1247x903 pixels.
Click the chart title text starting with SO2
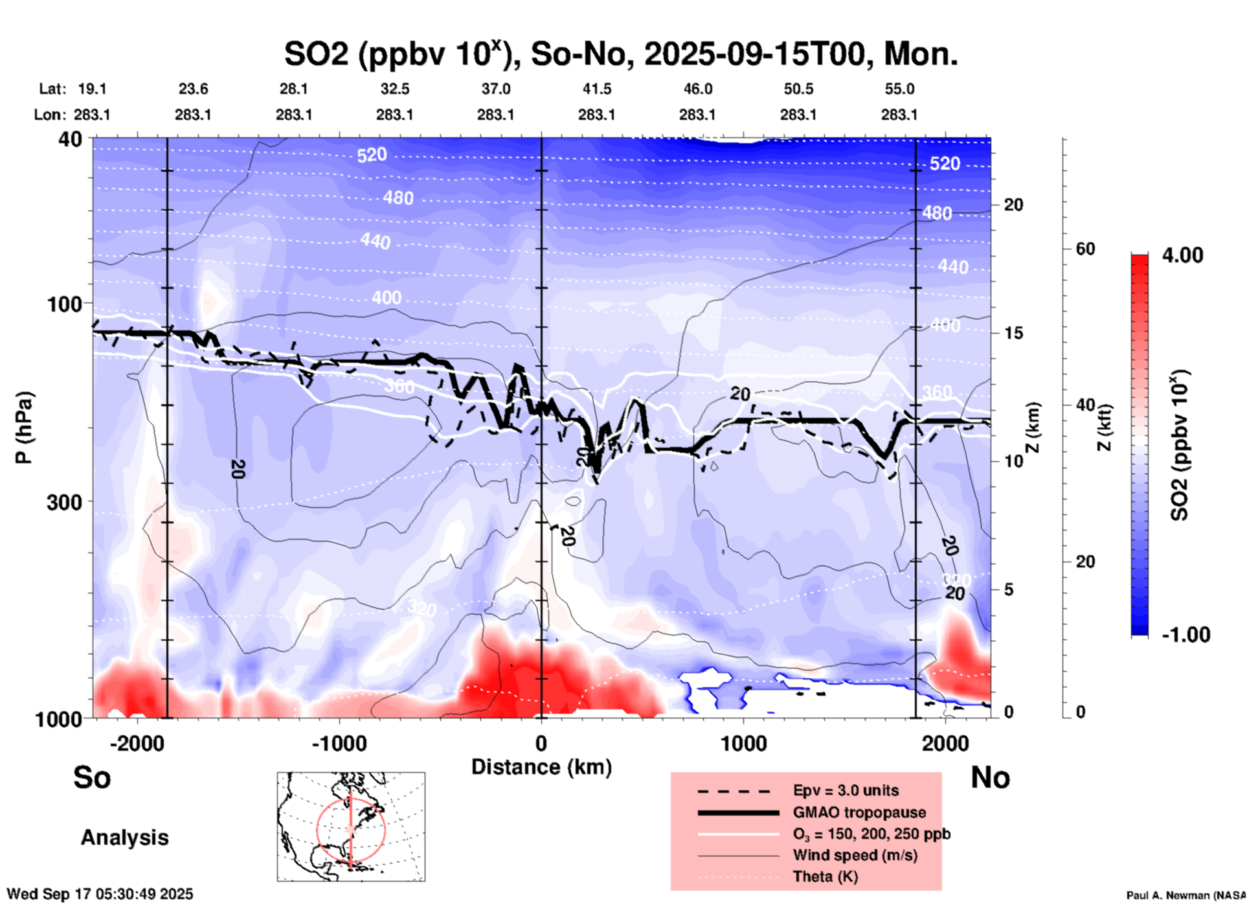pos(620,54)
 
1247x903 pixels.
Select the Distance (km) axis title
pos(541,767)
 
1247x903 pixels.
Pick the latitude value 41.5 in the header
pos(596,89)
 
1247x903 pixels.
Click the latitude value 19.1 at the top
pos(92,89)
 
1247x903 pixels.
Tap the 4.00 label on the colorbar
pos(1182,255)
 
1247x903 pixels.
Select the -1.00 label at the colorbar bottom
pos(1185,634)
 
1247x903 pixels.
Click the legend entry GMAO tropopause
pos(859,812)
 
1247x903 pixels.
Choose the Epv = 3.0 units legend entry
pos(846,790)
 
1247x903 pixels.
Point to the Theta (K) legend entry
pos(825,876)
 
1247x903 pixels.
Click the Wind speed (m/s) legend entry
pos(855,855)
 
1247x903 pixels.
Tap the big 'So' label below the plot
pos(92,777)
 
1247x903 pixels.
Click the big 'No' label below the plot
pos(990,777)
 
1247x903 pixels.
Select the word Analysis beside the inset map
pos(124,838)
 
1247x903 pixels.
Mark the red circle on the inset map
pos(317,829)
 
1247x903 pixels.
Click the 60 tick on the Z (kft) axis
pos(1085,249)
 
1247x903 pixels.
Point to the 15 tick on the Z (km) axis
pos(1013,333)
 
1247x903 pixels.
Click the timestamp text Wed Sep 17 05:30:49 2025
pos(100,894)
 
